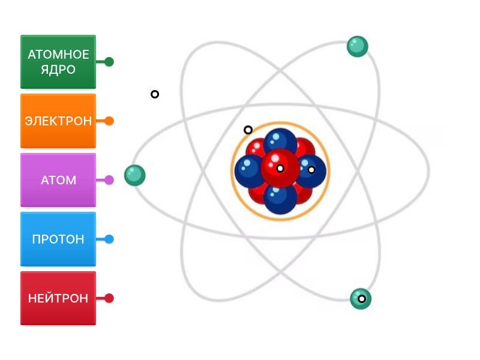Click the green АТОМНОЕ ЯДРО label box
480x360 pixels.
pos(58,62)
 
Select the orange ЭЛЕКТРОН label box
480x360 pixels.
pos(58,121)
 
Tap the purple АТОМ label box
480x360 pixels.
pos(58,180)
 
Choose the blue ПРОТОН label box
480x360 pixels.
pos(58,239)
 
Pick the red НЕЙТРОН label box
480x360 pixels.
pos(58,298)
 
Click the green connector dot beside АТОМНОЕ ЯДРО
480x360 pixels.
pos(109,62)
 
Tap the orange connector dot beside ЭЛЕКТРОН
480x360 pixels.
pos(109,121)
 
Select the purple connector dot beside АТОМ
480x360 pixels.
pos(109,180)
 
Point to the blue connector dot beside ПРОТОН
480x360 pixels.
pos(109,239)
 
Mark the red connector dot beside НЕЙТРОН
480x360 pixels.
pos(109,298)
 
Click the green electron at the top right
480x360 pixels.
pos(357,47)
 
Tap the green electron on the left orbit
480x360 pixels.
pos(134,175)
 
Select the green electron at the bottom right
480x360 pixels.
pos(361,299)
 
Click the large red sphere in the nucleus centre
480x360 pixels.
pos(280,168)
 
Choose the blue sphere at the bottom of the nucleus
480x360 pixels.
pos(280,199)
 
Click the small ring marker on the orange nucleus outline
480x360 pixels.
pos(248,130)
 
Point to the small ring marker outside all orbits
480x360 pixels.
pos(155,94)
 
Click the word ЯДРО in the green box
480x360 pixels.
pos(58,70)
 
